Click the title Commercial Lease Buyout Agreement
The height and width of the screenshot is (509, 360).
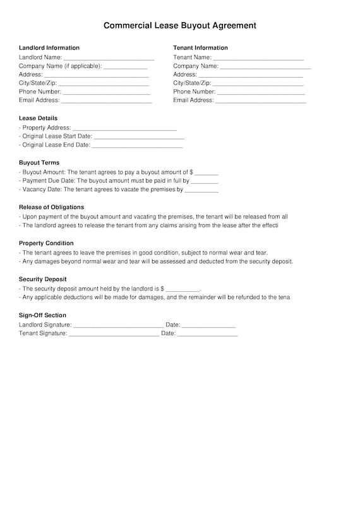coord(180,26)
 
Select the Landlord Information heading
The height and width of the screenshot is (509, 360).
coord(49,48)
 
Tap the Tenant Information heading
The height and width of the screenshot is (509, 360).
coord(200,48)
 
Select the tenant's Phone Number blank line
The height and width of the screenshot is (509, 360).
coord(261,93)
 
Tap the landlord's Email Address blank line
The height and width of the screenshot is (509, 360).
coord(107,101)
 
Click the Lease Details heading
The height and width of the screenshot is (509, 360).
coord(38,118)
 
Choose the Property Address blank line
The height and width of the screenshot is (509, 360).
coord(125,129)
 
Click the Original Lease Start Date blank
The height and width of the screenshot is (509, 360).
coord(139,137)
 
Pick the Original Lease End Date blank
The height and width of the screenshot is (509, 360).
coord(136,146)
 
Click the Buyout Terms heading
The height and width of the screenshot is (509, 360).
coord(39,163)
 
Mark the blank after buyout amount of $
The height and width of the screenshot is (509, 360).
coord(207,173)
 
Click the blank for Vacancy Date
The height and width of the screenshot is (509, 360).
coord(201,190)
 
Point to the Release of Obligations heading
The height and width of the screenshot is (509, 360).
coord(51,207)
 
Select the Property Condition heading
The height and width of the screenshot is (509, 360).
coord(46,243)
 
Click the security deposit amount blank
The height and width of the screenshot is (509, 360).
coord(183,289)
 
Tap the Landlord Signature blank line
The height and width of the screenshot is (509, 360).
coord(118,326)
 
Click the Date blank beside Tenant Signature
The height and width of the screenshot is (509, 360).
coord(207,335)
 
